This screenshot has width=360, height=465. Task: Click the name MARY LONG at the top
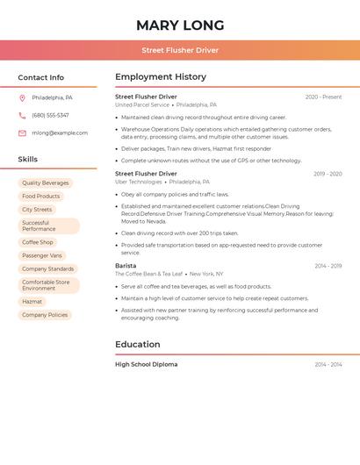(180, 25)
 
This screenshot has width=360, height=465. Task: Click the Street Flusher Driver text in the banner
(180, 50)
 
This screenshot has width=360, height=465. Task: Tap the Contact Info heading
(40, 77)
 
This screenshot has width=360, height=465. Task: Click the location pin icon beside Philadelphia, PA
(22, 98)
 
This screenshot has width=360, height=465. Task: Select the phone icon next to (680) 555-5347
(22, 116)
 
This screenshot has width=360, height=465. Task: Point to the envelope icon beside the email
(22, 133)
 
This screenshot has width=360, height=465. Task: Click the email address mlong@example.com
(60, 133)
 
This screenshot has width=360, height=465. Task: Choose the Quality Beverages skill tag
(46, 183)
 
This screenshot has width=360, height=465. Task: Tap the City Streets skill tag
(37, 210)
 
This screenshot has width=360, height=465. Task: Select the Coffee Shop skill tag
(38, 242)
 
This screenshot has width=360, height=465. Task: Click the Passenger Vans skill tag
(42, 255)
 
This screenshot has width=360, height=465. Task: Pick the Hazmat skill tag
(32, 302)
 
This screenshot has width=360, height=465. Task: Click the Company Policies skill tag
(45, 315)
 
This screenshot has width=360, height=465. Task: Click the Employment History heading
(161, 77)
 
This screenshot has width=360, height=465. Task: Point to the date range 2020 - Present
(323, 97)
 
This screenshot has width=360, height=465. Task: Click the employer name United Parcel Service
(142, 104)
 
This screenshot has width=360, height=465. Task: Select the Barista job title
(126, 266)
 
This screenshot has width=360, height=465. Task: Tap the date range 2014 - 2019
(328, 266)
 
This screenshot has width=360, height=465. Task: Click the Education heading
(137, 345)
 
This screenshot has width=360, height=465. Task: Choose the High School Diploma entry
(146, 364)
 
